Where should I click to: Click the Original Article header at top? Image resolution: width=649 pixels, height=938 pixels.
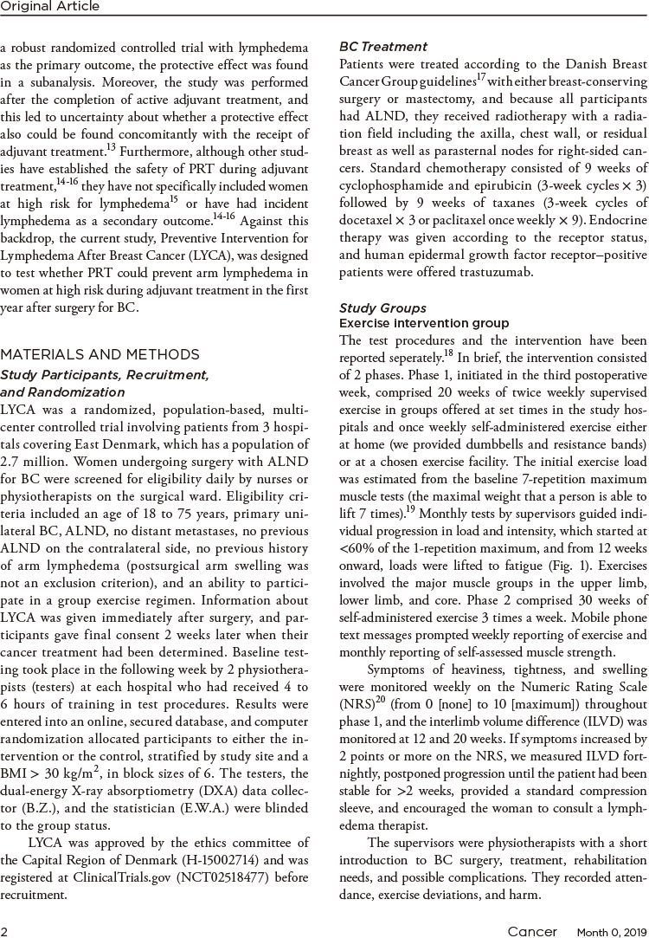tap(50, 7)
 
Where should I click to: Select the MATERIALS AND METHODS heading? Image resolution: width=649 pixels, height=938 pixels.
tap(100, 354)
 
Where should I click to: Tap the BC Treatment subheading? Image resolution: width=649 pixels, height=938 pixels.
tap(383, 46)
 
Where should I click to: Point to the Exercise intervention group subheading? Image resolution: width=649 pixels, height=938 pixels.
tap(424, 323)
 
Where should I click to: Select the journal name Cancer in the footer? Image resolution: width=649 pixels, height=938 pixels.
tap(532, 925)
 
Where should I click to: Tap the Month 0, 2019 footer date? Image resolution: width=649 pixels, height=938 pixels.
tap(612, 926)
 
